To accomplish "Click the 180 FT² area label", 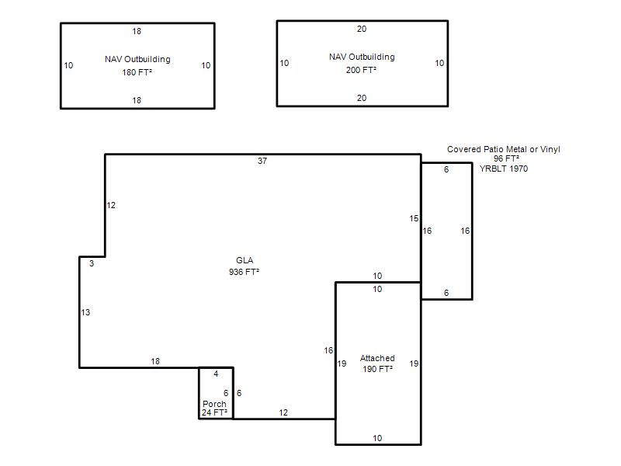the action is [137, 72].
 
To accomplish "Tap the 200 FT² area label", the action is [361, 70].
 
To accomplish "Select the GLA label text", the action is [245, 260].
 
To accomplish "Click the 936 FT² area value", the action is [244, 272].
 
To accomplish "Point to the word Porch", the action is [214, 404].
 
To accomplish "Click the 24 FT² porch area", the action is [214, 412].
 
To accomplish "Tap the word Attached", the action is [377, 358].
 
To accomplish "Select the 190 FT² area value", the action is [377, 369].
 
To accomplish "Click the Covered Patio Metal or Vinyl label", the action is [504, 149].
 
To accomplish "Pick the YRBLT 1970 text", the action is [504, 169].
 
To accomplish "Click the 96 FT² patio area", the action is [506, 158].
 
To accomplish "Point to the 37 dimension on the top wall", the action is [262, 161].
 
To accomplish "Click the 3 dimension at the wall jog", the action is [92, 263].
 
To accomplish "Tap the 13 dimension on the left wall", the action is [85, 313].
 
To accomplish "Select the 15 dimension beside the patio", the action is [414, 218].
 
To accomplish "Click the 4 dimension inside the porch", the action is [216, 374].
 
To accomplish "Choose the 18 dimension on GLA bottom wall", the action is [155, 361].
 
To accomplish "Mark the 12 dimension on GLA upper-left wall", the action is [111, 205].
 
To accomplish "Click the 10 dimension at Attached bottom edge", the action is [377, 438].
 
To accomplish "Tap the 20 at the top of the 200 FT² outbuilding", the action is [362, 29].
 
